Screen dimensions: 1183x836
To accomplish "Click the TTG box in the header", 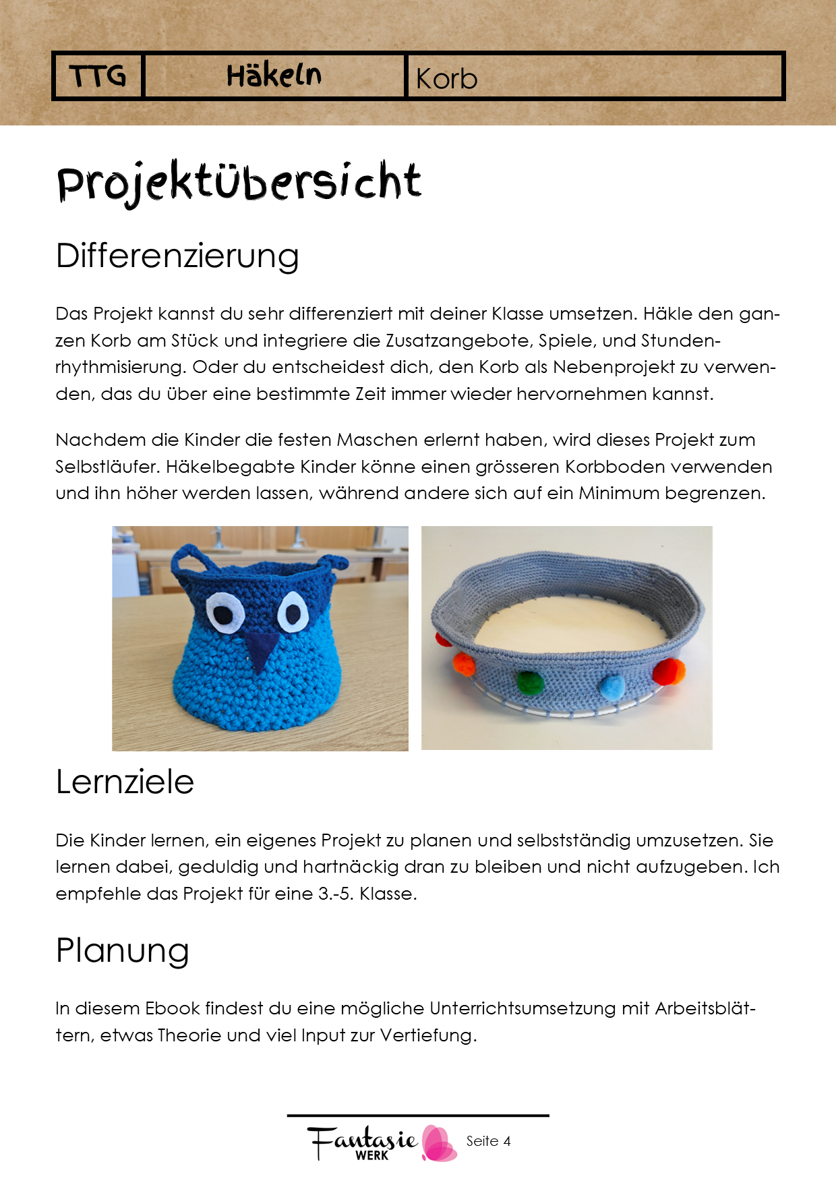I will pyautogui.click(x=98, y=76).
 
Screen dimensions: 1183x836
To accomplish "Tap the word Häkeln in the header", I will pyautogui.click(x=274, y=76).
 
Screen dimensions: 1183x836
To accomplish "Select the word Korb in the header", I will pyautogui.click(x=446, y=79).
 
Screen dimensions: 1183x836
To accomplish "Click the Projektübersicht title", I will pyautogui.click(x=239, y=182).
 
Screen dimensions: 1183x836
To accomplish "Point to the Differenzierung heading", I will pyautogui.click(x=177, y=256).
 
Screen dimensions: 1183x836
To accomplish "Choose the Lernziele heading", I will pyautogui.click(x=125, y=782).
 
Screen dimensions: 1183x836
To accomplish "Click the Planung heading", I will pyautogui.click(x=122, y=951).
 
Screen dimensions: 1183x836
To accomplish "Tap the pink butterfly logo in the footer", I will pyautogui.click(x=439, y=1143).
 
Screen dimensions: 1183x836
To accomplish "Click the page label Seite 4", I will pyautogui.click(x=488, y=1141).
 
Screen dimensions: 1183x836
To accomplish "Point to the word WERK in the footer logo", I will pyautogui.click(x=371, y=1155).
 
